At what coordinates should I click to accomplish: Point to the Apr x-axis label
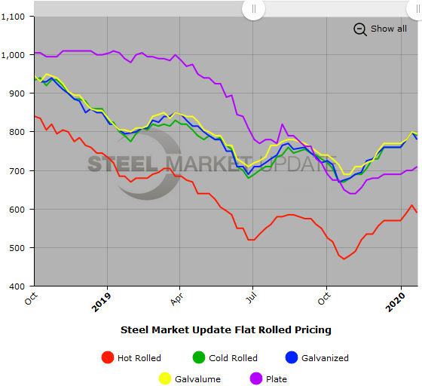tap(177, 299)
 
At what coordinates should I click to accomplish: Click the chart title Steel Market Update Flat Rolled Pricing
tap(226, 329)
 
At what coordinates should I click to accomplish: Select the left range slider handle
tap(253, 8)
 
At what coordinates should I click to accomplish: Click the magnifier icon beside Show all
tap(359, 29)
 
